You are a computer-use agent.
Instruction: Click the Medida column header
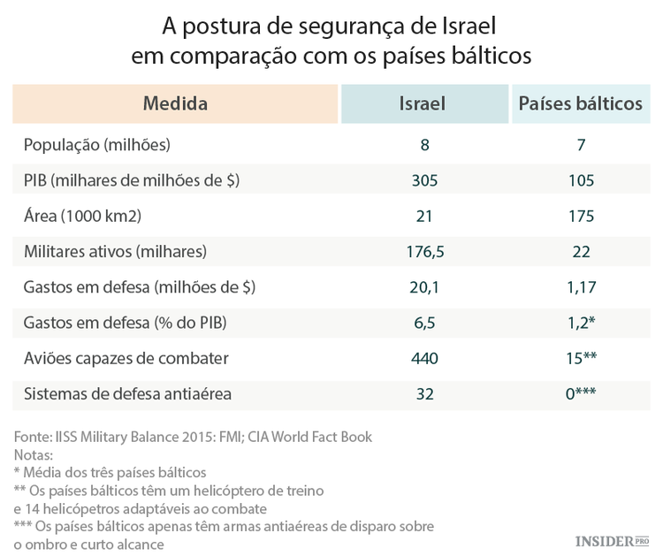175,104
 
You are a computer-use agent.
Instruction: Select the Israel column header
424,104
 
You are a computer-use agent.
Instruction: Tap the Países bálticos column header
580,104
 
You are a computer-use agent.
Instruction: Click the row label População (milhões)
97,145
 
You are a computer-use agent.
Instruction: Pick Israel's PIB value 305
424,180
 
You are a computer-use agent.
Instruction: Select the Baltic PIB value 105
581,180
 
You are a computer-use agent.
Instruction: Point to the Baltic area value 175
581,216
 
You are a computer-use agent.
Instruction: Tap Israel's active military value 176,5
424,252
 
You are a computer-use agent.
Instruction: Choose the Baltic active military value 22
581,252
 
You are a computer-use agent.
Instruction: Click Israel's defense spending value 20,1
424,287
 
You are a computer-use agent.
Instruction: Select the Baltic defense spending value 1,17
581,287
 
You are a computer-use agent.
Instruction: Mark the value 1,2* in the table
581,323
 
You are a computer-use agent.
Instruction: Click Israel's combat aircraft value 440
424,358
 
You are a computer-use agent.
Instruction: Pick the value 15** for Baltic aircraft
581,358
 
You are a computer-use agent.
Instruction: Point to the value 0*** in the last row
581,393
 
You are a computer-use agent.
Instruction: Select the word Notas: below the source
34,454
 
